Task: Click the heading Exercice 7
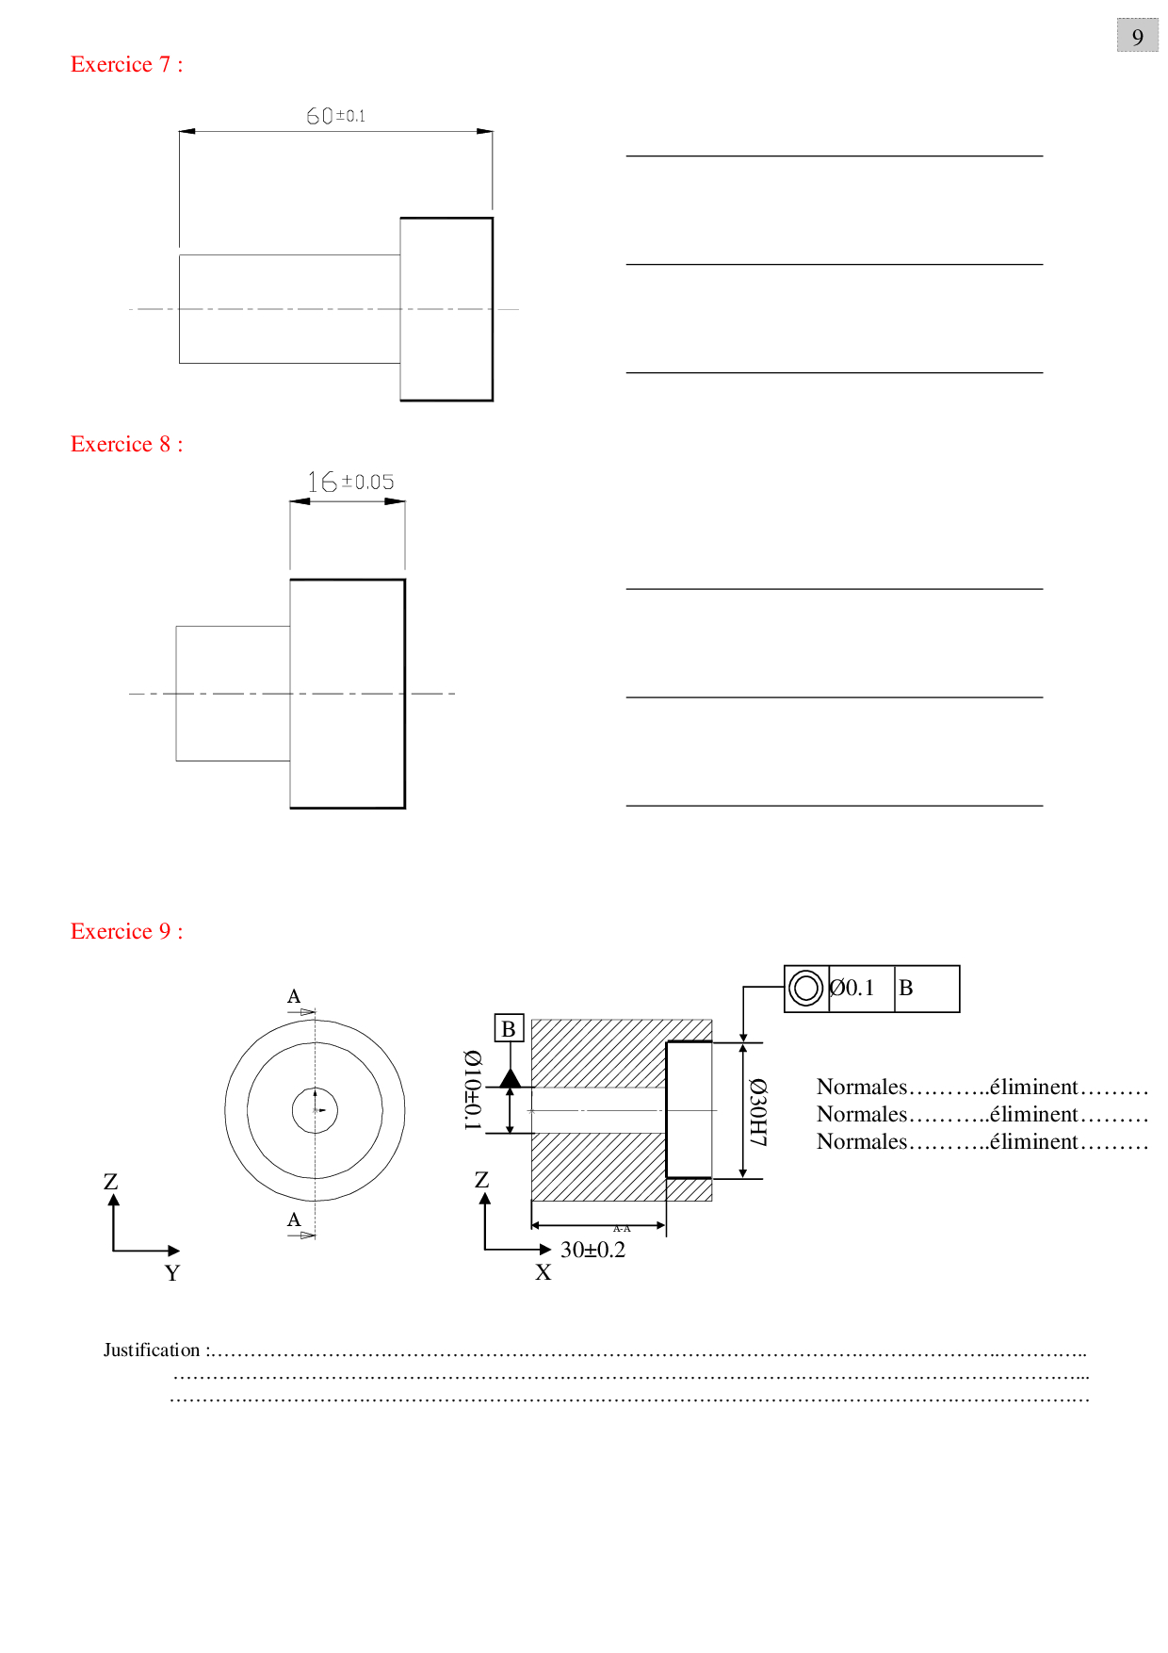click(x=126, y=65)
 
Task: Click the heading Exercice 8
click(x=126, y=445)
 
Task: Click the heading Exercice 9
click(x=126, y=932)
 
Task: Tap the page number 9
click(x=1137, y=37)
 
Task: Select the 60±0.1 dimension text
click(x=335, y=116)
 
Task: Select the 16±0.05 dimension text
click(x=350, y=483)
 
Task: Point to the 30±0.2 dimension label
click(x=592, y=1251)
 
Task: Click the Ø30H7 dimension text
click(x=758, y=1112)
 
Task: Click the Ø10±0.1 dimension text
click(x=472, y=1089)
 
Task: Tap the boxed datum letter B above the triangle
click(x=509, y=1028)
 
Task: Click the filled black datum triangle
click(x=510, y=1078)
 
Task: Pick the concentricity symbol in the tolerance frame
click(x=805, y=989)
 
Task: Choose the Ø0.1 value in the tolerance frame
click(x=852, y=989)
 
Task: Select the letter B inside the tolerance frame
click(x=906, y=989)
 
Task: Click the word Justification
click(x=152, y=1350)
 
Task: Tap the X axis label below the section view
click(x=543, y=1273)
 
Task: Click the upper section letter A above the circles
click(x=294, y=997)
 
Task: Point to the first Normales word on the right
click(x=861, y=1088)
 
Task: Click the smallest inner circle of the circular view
click(x=315, y=1110)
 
